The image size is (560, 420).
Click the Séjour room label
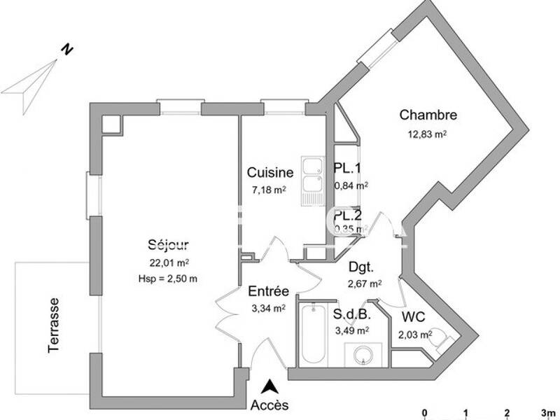coord(168,244)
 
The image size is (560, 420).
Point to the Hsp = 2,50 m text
coord(168,279)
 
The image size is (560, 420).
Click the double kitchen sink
coord(311,178)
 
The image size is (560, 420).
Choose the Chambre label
coord(428,115)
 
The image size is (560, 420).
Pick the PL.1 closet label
coord(348,168)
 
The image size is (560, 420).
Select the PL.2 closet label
coord(348,216)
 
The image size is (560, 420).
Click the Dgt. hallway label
coord(361,267)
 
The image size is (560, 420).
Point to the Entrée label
coord(269,291)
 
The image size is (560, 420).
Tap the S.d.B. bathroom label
coord(351,314)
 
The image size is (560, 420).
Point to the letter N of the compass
coord(66,49)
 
